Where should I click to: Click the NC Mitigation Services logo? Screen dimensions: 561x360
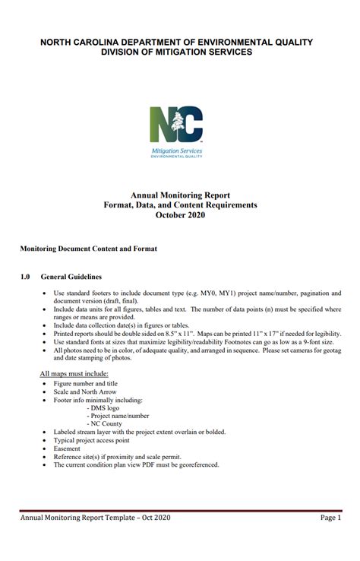click(x=176, y=131)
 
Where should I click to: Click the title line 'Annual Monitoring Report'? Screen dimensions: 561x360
click(x=180, y=195)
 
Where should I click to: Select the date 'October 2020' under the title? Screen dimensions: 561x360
click(x=180, y=215)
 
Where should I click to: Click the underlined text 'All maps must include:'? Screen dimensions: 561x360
click(x=74, y=374)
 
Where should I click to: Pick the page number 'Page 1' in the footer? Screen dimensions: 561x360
click(x=330, y=518)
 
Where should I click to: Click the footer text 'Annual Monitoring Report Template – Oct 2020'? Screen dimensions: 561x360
click(x=95, y=518)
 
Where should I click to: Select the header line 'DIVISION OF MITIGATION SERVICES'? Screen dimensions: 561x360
click(x=176, y=52)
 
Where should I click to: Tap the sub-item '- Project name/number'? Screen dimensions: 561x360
click(x=118, y=416)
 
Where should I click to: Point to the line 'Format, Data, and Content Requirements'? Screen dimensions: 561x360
click(x=180, y=205)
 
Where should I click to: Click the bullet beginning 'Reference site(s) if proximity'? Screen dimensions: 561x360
click(x=122, y=457)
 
